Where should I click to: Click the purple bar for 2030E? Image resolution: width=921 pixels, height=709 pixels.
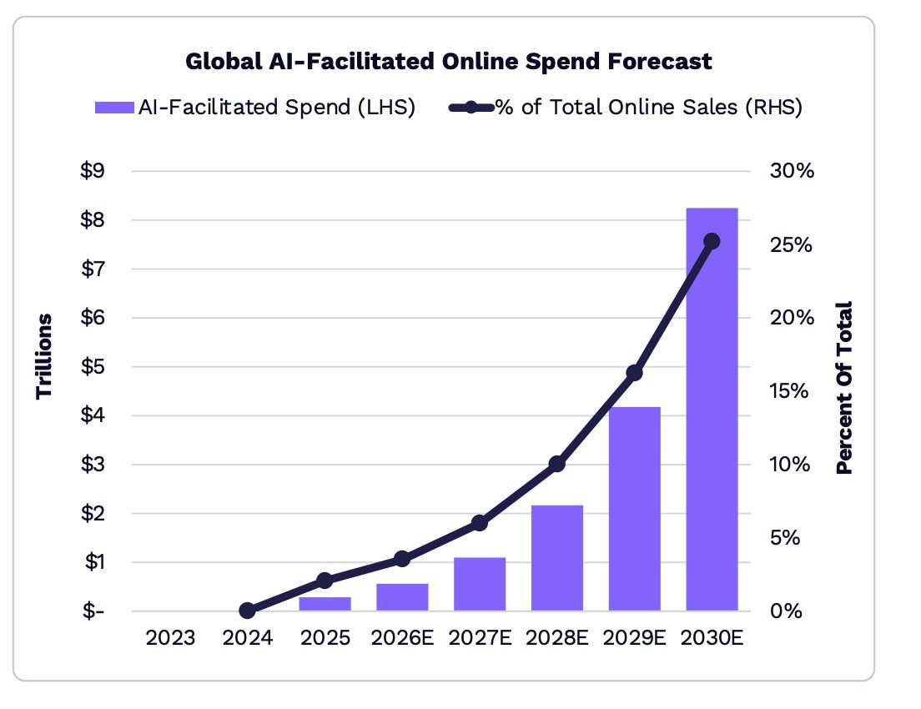(x=712, y=410)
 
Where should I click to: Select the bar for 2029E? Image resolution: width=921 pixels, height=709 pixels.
(x=634, y=509)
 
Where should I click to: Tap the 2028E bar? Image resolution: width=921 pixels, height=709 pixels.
(x=556, y=558)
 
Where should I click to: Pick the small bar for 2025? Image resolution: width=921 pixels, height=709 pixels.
(x=325, y=604)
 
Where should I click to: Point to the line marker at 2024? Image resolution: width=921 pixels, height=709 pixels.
(x=247, y=611)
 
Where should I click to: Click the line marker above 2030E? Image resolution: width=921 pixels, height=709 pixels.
(x=712, y=241)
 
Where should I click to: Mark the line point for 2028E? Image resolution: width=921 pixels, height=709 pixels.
(x=556, y=464)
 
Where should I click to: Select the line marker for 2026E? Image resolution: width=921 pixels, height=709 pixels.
(x=402, y=559)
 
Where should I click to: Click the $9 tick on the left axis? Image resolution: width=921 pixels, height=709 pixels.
(x=93, y=171)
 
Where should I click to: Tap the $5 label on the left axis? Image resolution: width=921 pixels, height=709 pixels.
(x=93, y=366)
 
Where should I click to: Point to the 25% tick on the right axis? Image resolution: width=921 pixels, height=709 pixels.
(x=791, y=244)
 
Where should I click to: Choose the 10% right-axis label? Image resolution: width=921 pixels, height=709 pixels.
(x=790, y=464)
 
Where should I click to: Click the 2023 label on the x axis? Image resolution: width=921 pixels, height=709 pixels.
(x=170, y=637)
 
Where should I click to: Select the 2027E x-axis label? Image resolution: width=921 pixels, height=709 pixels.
(x=480, y=637)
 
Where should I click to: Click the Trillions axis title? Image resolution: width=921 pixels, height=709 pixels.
(x=44, y=356)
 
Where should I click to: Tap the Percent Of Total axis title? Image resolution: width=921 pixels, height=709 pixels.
(x=844, y=388)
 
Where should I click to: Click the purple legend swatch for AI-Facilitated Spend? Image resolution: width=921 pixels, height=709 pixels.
(x=114, y=108)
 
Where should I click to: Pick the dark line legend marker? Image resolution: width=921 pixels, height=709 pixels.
(x=471, y=108)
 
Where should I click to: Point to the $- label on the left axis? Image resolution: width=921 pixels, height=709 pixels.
(x=93, y=611)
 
